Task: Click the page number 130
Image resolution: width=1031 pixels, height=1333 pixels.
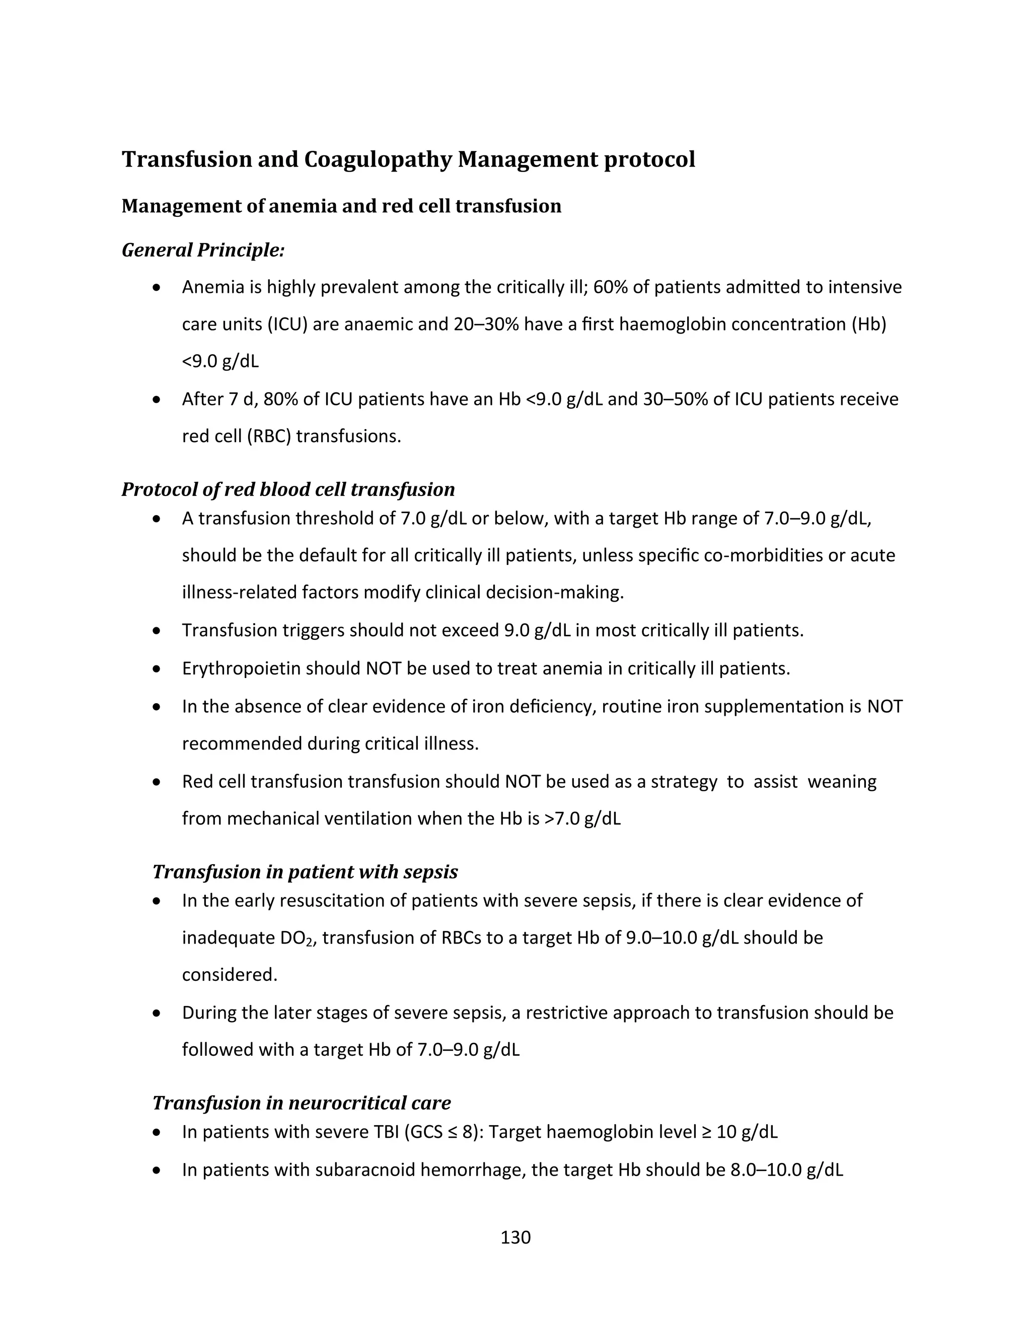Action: pyautogui.click(x=515, y=1237)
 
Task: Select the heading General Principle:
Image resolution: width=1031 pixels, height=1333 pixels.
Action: pyautogui.click(x=203, y=249)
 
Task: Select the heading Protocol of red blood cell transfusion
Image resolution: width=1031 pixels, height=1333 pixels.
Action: pyautogui.click(x=287, y=489)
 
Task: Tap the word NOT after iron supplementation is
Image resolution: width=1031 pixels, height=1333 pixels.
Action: pyautogui.click(x=885, y=706)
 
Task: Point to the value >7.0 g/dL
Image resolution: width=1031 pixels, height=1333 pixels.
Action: pyautogui.click(x=582, y=818)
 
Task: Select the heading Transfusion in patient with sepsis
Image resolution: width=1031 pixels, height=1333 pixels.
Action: pyautogui.click(x=305, y=872)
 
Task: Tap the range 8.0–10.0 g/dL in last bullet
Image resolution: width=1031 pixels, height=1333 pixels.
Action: pyautogui.click(x=787, y=1170)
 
